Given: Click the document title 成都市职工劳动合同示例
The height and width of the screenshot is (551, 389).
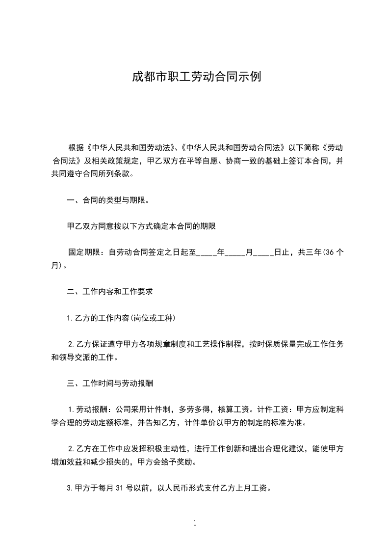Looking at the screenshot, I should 195,77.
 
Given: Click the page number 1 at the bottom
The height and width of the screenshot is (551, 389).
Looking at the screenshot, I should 195,523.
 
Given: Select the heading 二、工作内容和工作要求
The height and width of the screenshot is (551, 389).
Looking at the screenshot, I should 110,291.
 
